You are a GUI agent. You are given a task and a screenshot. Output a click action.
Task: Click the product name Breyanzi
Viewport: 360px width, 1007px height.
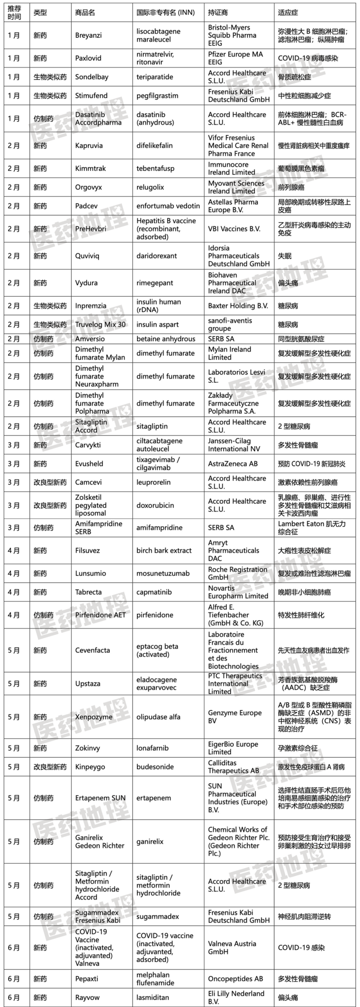pos(88,35)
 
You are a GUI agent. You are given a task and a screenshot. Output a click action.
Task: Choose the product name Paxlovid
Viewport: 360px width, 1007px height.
pos(88,58)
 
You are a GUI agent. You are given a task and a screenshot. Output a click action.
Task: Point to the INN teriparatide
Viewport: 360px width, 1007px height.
pos(155,77)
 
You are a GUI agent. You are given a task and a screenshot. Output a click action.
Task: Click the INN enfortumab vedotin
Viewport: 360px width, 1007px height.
pos(168,206)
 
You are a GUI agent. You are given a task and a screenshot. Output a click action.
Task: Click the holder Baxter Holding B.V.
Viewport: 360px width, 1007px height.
pos(238,306)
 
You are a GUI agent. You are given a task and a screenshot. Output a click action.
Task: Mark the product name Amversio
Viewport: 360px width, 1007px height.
pos(90,339)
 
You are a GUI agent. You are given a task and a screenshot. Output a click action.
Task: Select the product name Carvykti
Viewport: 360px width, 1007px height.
pos(88,445)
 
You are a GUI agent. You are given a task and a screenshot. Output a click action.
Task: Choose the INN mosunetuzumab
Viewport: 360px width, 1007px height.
pos(163,573)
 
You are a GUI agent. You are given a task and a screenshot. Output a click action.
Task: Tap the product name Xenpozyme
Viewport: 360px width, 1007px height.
pos(94,717)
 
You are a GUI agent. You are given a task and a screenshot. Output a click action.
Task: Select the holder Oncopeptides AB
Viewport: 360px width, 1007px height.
pos(235,979)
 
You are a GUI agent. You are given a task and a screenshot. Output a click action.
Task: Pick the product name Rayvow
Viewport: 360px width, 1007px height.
pos(87,998)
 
